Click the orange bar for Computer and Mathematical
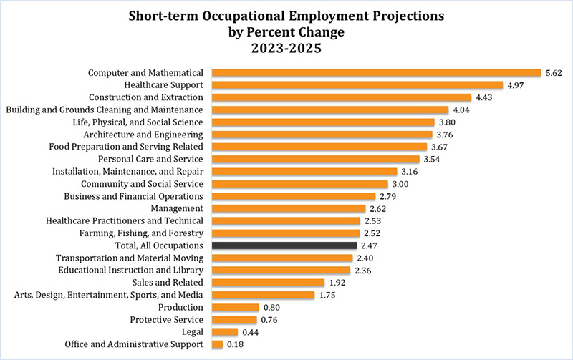[x=376, y=72]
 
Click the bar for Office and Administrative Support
[x=217, y=344]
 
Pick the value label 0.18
[x=236, y=344]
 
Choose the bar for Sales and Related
[x=269, y=283]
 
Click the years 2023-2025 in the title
[x=286, y=51]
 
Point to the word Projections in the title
[x=398, y=16]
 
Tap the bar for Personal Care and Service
[x=315, y=159]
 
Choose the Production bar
[x=235, y=308]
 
